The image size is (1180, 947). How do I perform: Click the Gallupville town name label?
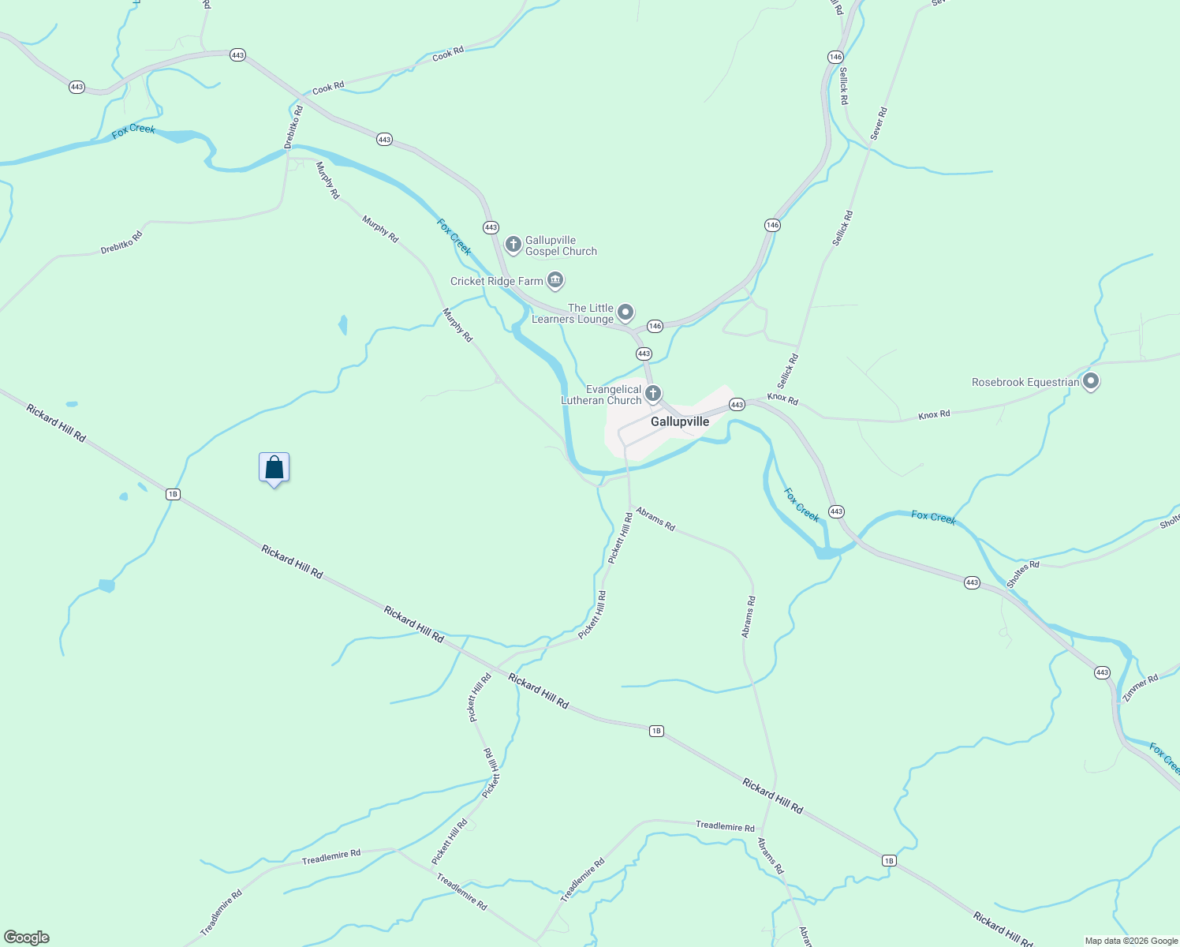(x=679, y=422)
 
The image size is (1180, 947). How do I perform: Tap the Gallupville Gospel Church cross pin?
(x=513, y=245)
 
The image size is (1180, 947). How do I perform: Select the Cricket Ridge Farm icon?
(x=555, y=280)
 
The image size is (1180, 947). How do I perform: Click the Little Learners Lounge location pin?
(x=625, y=313)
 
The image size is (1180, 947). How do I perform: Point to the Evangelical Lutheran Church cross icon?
(x=653, y=393)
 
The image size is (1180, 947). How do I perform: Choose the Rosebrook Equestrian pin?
(x=1091, y=382)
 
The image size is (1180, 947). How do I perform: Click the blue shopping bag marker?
(x=274, y=468)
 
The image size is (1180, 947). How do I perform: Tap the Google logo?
(x=27, y=938)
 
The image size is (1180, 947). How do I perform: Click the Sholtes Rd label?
(x=1023, y=574)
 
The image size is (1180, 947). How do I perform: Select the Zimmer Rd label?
(x=1141, y=688)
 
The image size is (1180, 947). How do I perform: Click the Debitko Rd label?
(x=293, y=127)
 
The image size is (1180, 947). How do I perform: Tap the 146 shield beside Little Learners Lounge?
(x=655, y=326)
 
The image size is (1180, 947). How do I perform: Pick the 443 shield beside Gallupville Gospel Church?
(x=491, y=227)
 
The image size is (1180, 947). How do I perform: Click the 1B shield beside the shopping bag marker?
(x=173, y=495)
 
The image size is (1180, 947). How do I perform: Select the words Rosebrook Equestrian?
(x=1025, y=383)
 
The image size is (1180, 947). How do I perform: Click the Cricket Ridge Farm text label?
(x=496, y=281)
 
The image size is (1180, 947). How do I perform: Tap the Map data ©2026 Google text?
(x=1130, y=941)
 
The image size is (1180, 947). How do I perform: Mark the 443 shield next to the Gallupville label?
(x=737, y=405)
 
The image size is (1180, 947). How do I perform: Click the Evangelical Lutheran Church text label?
(x=602, y=395)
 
